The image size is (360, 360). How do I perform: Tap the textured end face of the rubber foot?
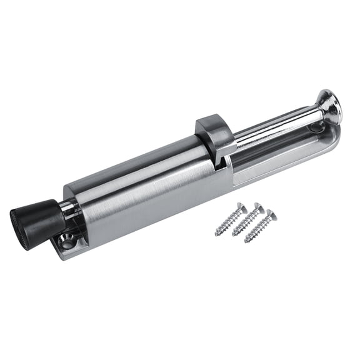click(19, 223)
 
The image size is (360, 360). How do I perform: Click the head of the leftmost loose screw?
click(239, 207)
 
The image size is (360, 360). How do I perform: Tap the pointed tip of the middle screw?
click(232, 236)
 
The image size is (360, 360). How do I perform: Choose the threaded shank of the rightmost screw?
click(257, 229)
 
